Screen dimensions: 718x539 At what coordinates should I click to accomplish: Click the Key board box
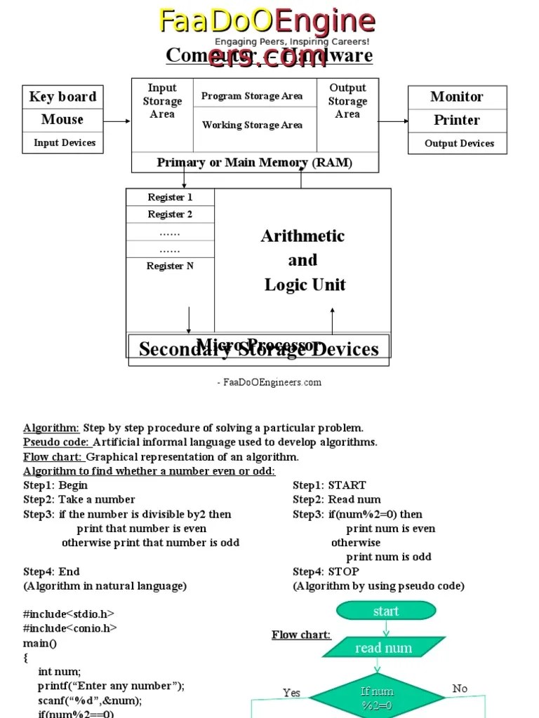click(x=62, y=97)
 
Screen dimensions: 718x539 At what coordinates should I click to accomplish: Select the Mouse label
click(x=62, y=120)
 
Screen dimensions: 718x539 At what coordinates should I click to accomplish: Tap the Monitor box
click(x=457, y=97)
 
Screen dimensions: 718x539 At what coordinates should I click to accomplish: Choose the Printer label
click(x=457, y=120)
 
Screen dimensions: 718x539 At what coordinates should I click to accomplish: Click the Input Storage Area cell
click(x=162, y=101)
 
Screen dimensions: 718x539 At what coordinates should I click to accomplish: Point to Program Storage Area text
click(x=252, y=96)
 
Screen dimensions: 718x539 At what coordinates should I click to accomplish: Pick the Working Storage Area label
click(x=252, y=125)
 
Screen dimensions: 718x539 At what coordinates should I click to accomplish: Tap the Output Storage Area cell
click(x=347, y=101)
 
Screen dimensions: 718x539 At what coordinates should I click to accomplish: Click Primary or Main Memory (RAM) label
click(x=255, y=163)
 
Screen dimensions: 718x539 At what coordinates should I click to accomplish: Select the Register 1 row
click(x=170, y=197)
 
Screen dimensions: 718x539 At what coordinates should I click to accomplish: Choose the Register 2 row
click(x=170, y=215)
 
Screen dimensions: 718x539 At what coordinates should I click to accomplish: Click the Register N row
click(x=170, y=266)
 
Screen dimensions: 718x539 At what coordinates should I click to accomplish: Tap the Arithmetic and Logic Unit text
click(x=303, y=260)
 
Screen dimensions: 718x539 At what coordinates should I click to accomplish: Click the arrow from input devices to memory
click(x=117, y=121)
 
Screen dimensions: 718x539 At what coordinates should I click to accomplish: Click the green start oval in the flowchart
click(x=386, y=611)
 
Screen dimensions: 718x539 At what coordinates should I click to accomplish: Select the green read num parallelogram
click(x=383, y=648)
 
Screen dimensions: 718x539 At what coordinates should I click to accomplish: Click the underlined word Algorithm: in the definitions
click(x=51, y=428)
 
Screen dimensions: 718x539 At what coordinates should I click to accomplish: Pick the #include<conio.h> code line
click(x=70, y=628)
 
